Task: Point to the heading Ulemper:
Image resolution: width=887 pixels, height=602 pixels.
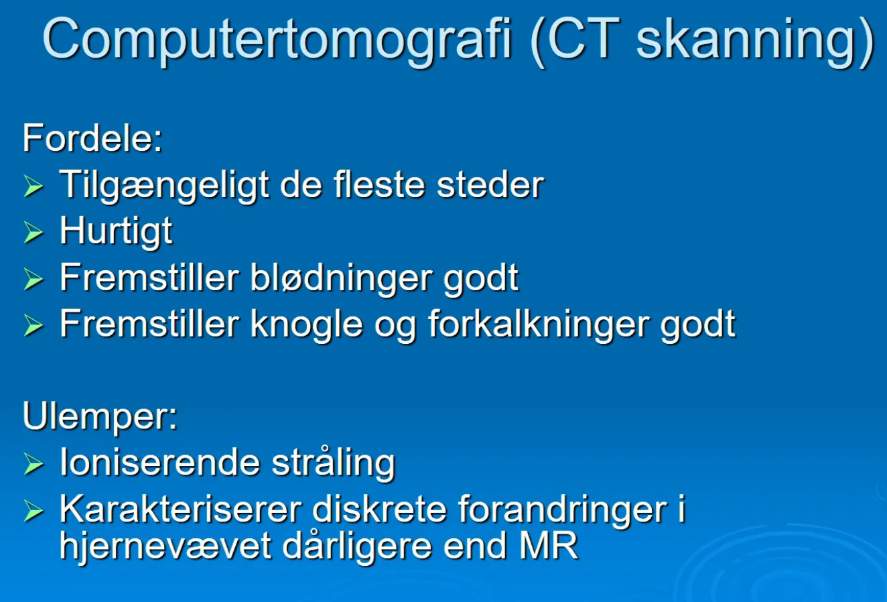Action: click(x=100, y=418)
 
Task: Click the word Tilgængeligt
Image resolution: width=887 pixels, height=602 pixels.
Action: click(x=164, y=186)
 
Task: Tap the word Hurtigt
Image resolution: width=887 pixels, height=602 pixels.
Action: click(x=116, y=232)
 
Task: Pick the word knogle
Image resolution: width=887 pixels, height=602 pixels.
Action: click(x=306, y=326)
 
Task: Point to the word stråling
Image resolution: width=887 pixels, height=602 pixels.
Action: click(x=334, y=464)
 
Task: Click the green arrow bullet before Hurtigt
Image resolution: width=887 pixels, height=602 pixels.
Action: click(x=33, y=232)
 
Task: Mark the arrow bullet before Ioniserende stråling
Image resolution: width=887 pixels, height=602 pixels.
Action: click(x=33, y=464)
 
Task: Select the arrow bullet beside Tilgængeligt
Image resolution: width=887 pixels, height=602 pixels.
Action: click(x=33, y=186)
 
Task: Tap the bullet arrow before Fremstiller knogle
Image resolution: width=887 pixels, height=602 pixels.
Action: click(x=33, y=326)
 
